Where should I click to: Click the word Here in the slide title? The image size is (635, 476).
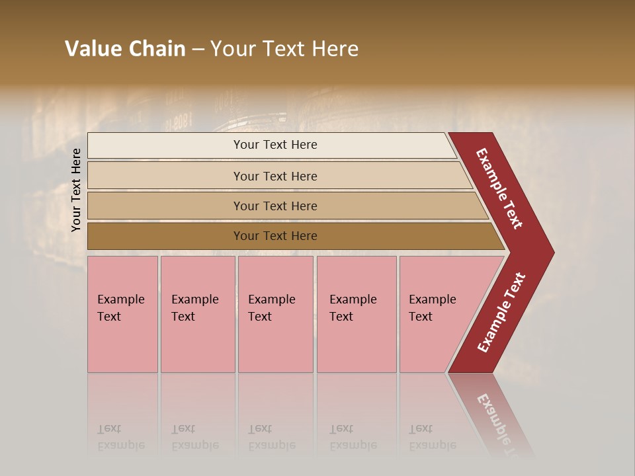click(x=335, y=49)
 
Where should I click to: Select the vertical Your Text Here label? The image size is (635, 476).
click(x=76, y=190)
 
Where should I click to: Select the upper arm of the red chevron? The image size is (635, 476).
click(x=499, y=188)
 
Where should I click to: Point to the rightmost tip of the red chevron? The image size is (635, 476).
click(x=552, y=253)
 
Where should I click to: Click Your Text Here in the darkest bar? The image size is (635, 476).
click(x=275, y=236)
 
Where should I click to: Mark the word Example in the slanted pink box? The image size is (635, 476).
click(x=433, y=299)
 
